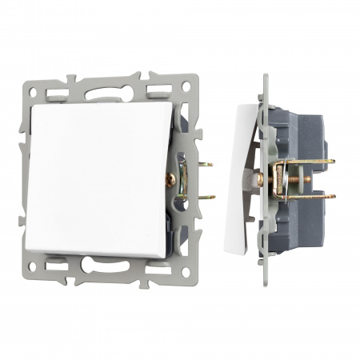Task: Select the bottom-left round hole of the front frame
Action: [34, 271]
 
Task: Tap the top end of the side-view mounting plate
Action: [266, 79]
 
